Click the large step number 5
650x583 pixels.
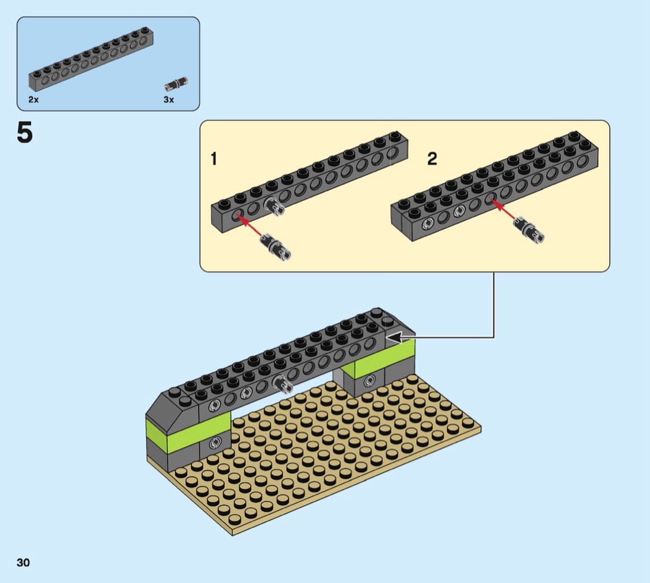click(x=25, y=132)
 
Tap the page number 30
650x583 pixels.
click(x=24, y=563)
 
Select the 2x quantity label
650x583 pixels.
click(x=33, y=100)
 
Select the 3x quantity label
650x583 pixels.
click(x=169, y=100)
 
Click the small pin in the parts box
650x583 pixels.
click(x=176, y=84)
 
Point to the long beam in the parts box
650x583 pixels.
click(x=91, y=59)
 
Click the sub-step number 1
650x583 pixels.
click(x=214, y=158)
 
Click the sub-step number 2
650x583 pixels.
click(x=432, y=158)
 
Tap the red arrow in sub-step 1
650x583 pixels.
click(x=250, y=225)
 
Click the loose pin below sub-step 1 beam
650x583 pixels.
click(x=276, y=247)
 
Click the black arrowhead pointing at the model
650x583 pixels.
click(x=396, y=337)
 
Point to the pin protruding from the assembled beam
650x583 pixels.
click(x=283, y=384)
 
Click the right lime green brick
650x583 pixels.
click(x=383, y=356)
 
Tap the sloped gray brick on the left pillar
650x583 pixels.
click(x=172, y=410)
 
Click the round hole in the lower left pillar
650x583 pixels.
click(x=215, y=443)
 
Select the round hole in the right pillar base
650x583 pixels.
click(x=370, y=380)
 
